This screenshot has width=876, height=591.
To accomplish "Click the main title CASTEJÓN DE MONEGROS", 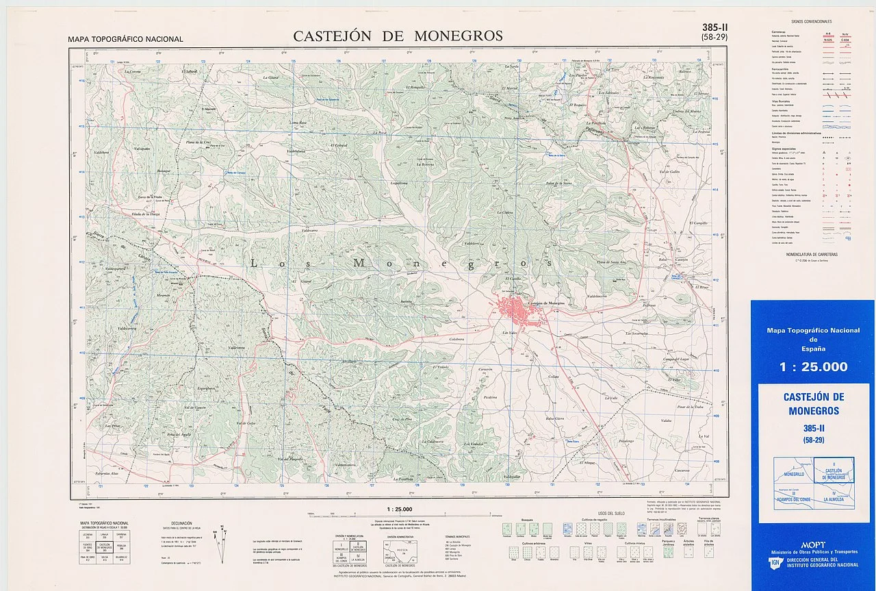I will coord(398,36).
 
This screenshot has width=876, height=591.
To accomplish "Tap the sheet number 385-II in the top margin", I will coord(714,27).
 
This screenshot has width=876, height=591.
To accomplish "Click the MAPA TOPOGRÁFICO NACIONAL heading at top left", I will coord(126,39).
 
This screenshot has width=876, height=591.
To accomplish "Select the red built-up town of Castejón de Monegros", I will coord(517,312).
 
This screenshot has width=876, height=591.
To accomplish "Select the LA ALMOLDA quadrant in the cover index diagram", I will coord(834,499).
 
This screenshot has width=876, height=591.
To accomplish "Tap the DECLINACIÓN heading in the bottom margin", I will coord(181,523).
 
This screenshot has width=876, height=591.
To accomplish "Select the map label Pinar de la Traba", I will coord(689,406).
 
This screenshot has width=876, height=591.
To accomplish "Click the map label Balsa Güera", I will coord(554,418).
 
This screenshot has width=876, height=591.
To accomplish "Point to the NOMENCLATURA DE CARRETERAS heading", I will coord(812,254).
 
